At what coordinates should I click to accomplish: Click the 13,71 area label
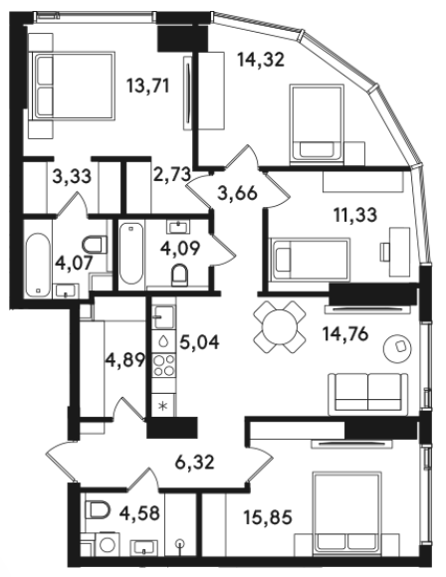point(147,87)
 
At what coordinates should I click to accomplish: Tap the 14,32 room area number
point(261,60)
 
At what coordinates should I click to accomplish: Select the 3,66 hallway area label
point(237,193)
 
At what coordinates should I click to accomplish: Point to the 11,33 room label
point(355,214)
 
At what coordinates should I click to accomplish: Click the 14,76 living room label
point(345,334)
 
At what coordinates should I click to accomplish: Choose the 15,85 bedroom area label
point(268,517)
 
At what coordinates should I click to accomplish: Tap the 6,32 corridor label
point(194,462)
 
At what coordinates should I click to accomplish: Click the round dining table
point(280,326)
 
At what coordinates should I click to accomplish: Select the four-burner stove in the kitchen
point(164,365)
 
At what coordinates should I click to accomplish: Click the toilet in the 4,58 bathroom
point(98,510)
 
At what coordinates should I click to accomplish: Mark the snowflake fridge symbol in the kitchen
point(162,406)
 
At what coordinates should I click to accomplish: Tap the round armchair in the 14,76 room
point(398,348)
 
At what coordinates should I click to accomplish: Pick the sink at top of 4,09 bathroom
point(179,226)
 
